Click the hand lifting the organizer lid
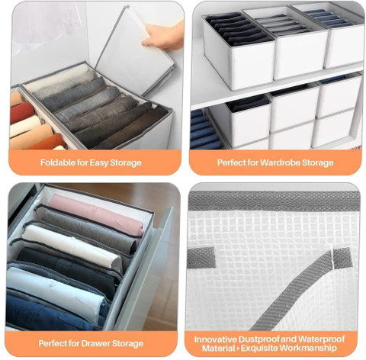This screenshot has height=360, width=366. point(164,36)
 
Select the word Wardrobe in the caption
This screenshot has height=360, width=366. point(281,162)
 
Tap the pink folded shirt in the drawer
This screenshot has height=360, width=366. point(97,214)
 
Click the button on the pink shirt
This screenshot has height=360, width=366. point(95,210)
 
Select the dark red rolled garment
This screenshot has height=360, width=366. point(22,113)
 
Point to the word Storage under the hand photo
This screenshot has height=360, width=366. point(126,162)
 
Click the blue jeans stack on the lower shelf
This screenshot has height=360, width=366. point(204,129)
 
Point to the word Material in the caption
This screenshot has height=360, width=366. point(219,348)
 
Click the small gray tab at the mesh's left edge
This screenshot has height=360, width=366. point(201,257)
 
